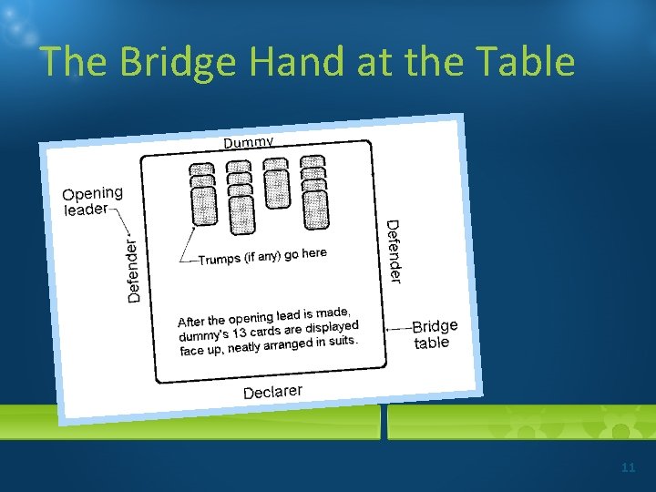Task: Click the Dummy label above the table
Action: coord(249,142)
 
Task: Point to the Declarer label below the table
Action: coord(272,392)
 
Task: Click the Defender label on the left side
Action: coord(133,270)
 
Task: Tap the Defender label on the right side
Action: coord(394,251)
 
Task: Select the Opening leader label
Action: coord(92,201)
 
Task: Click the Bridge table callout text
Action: coord(434,333)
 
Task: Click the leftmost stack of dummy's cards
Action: coord(203,194)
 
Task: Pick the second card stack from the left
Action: coord(240,198)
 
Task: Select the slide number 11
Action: coord(628,467)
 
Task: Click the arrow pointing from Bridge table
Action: coord(397,328)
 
